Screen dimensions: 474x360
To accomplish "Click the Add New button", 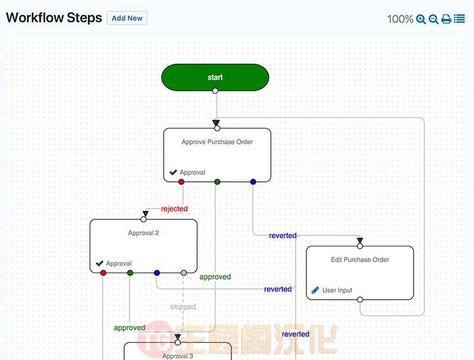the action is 127,18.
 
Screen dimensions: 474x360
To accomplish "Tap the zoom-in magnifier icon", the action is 421,19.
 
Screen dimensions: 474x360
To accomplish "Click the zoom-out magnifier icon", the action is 433,19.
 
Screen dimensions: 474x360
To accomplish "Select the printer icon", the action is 446,19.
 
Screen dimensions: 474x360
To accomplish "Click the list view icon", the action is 459,19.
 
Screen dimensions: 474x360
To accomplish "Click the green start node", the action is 215,78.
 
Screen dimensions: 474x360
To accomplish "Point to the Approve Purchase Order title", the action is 217,142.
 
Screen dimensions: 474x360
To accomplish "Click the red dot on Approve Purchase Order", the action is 181,182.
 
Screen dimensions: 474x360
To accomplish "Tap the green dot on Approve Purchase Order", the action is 217,182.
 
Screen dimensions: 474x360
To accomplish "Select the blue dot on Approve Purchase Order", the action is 253,182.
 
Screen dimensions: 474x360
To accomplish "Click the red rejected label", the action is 174,209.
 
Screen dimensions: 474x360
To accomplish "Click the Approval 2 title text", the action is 143,233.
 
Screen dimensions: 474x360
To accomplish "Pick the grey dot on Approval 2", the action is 183,273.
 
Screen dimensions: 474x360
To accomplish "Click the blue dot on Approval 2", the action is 156,273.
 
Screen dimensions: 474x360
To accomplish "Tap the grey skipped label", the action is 183,307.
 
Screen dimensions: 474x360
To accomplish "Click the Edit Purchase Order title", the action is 360,259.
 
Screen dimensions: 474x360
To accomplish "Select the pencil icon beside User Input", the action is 316,290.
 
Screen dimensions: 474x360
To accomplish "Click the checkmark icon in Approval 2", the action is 99,263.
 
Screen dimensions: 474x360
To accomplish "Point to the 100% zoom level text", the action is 400,19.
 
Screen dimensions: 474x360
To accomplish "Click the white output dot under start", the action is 215,91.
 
